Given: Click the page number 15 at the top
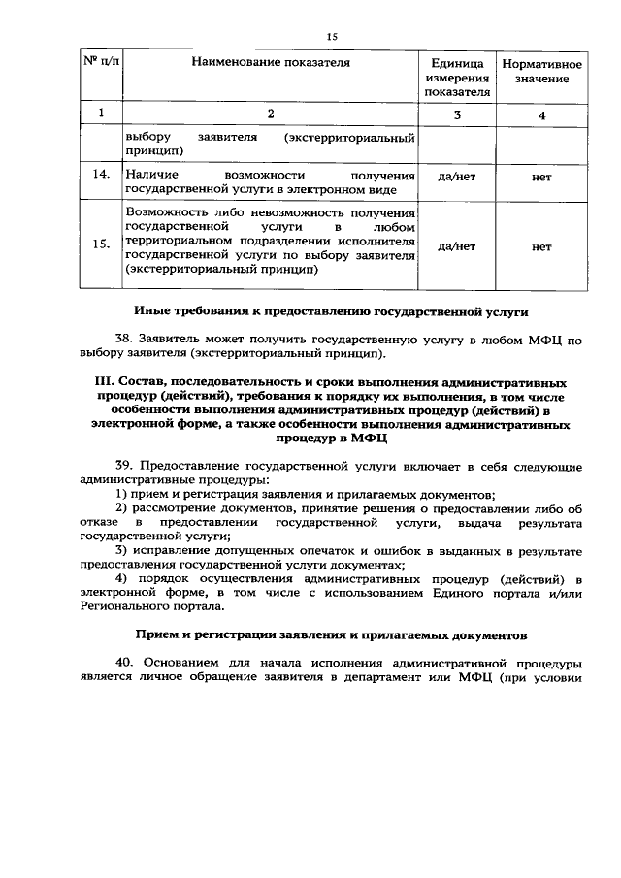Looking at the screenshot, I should click(331, 36).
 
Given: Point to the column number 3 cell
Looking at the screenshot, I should click(456, 115).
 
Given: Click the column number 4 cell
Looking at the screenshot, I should click(541, 116).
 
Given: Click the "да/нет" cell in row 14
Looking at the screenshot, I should click(456, 179).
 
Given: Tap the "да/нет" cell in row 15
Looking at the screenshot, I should click(456, 246).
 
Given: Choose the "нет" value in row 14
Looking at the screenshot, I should click(541, 179).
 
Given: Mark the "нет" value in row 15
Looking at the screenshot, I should click(541, 246).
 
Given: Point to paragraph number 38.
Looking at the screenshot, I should click(125, 341).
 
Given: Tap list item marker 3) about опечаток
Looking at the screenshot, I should click(121, 551).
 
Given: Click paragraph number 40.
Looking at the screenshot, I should click(126, 663).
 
